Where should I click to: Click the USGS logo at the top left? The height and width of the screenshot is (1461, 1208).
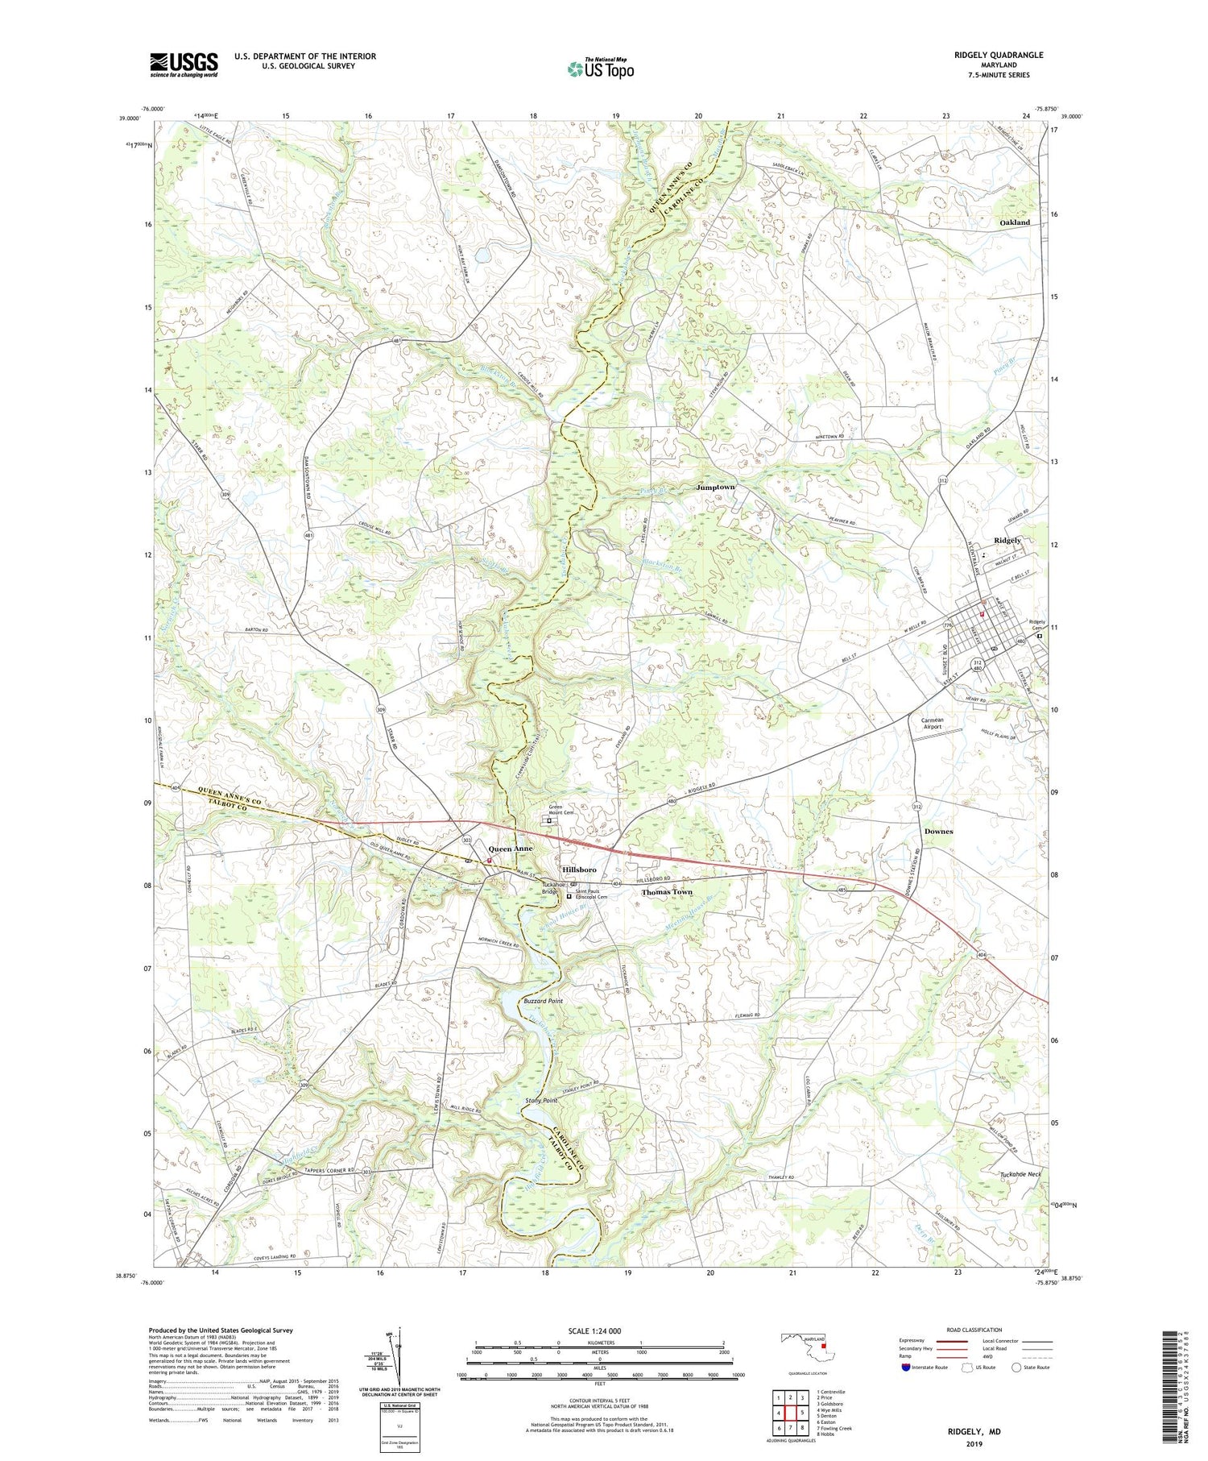pos(184,64)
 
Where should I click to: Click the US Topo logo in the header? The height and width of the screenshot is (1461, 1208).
pos(600,69)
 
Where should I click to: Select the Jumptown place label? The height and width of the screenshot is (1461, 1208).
pos(715,488)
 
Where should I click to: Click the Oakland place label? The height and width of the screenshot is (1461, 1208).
pos(1014,222)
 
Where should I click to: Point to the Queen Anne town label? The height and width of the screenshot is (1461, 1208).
pos(511,849)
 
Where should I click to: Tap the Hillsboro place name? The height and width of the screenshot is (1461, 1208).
pos(579,870)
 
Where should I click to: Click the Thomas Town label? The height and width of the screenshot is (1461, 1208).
pos(667,892)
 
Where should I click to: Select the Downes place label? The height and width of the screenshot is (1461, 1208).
pos(938,831)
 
